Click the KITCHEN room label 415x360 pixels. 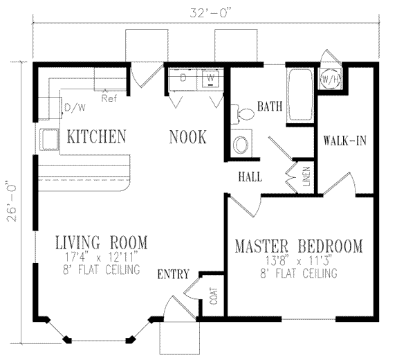coord(96,136)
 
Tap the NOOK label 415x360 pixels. coord(187,137)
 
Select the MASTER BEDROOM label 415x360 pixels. coord(298,246)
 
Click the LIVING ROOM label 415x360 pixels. coord(100,242)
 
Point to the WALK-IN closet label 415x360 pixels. coord(344,141)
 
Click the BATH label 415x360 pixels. coord(270,107)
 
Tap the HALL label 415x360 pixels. coord(249,177)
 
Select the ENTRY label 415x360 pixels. coord(173,274)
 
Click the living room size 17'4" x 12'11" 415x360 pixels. coord(100,257)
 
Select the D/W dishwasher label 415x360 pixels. coord(73,107)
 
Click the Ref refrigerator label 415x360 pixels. coord(108,98)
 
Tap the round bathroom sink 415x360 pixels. coord(240,144)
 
